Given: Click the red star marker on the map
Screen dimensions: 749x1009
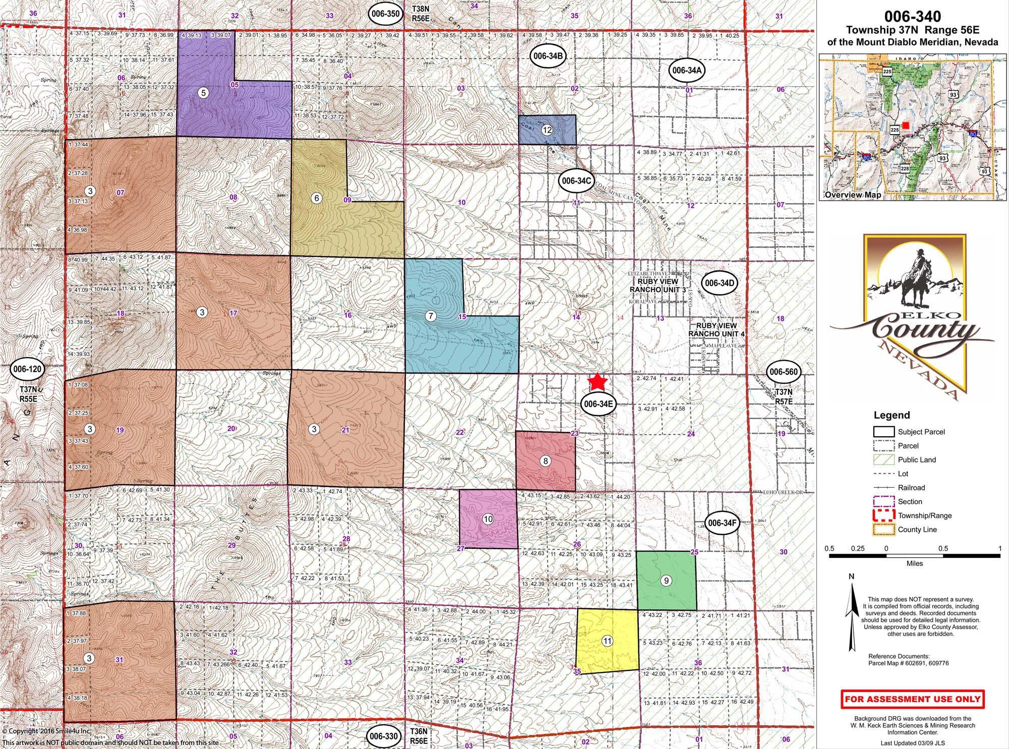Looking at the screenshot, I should tap(597, 381).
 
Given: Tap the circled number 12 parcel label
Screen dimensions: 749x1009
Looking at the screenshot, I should tap(547, 130).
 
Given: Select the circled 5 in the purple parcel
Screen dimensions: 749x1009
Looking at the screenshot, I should tap(203, 93).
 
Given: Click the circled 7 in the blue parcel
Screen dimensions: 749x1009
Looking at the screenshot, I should tap(430, 316).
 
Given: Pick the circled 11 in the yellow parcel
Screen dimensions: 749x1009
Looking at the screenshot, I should tap(607, 641).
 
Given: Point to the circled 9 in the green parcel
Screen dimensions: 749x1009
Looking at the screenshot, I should tap(666, 581).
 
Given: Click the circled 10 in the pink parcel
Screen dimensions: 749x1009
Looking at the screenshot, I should tap(488, 519).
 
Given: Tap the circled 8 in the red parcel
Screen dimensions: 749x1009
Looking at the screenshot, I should tap(545, 460).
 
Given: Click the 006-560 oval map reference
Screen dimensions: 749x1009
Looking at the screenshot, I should tap(783, 372).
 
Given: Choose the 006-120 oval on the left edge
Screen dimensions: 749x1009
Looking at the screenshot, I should tap(27, 369).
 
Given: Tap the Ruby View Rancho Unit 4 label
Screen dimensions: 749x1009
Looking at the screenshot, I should tap(716, 330).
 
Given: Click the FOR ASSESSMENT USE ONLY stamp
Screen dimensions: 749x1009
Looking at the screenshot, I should tap(913, 699).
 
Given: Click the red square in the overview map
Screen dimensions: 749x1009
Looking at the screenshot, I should tap(906, 125).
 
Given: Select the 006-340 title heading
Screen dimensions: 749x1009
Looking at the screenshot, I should tap(912, 17).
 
